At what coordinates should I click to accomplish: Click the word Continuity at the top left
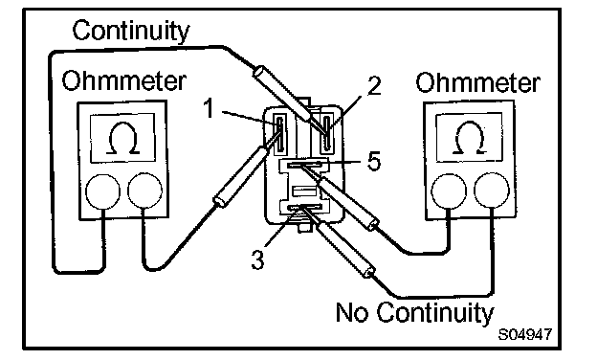pyautogui.click(x=130, y=32)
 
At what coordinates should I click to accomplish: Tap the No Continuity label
pyautogui.click(x=414, y=313)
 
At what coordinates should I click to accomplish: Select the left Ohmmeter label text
pyautogui.click(x=124, y=80)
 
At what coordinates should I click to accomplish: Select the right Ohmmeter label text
pyautogui.click(x=477, y=82)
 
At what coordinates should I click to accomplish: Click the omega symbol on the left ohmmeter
pyautogui.click(x=122, y=138)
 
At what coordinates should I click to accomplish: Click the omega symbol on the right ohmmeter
pyautogui.click(x=470, y=138)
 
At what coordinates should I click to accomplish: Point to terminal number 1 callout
pyautogui.click(x=209, y=108)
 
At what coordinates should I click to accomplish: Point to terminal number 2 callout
pyautogui.click(x=374, y=86)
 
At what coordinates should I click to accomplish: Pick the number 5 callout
pyautogui.click(x=374, y=161)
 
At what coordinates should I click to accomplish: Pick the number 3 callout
pyautogui.click(x=257, y=259)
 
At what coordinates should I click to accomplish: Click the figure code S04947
pyautogui.click(x=525, y=334)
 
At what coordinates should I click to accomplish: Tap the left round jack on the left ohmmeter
pyautogui.click(x=102, y=191)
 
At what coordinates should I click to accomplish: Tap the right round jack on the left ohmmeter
pyautogui.click(x=144, y=191)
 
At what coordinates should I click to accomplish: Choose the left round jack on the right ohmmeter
pyautogui.click(x=449, y=191)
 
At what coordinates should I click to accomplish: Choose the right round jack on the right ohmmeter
pyautogui.click(x=492, y=191)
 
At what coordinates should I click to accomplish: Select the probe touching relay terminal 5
pyautogui.click(x=339, y=197)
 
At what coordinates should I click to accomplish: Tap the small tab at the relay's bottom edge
pyautogui.click(x=304, y=227)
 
